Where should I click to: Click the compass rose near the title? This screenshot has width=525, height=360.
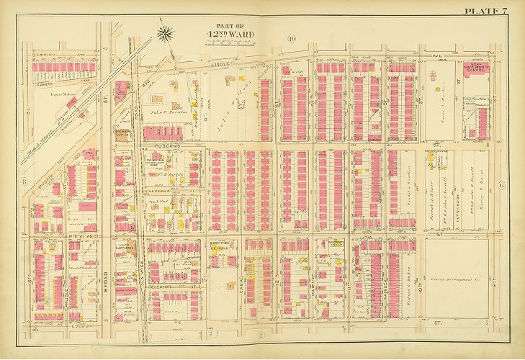[165, 32]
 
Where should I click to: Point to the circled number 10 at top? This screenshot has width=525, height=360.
[291, 39]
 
